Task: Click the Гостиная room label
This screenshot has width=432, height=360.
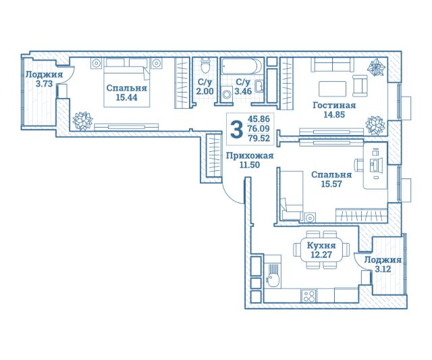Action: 334,105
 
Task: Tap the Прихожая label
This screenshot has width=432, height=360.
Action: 250,156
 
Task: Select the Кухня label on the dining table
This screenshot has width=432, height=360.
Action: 321,245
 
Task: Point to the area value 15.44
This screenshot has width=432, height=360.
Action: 126,97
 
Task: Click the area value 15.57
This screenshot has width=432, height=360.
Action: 331,184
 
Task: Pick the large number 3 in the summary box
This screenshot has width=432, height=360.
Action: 237,130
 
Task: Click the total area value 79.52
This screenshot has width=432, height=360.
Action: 259,138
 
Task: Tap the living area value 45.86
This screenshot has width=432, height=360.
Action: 259,119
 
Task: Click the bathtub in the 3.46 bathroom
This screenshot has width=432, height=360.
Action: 242,66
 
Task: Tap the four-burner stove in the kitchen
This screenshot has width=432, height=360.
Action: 309,297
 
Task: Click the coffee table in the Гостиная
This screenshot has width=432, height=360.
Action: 332,88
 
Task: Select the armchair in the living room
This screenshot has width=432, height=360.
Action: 360,86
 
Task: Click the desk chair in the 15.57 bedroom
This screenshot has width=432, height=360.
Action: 358,165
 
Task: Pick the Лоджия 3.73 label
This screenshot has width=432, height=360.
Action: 44,79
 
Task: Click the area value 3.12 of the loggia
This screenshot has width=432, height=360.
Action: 383,269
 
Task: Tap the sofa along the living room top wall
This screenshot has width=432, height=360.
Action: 333,65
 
